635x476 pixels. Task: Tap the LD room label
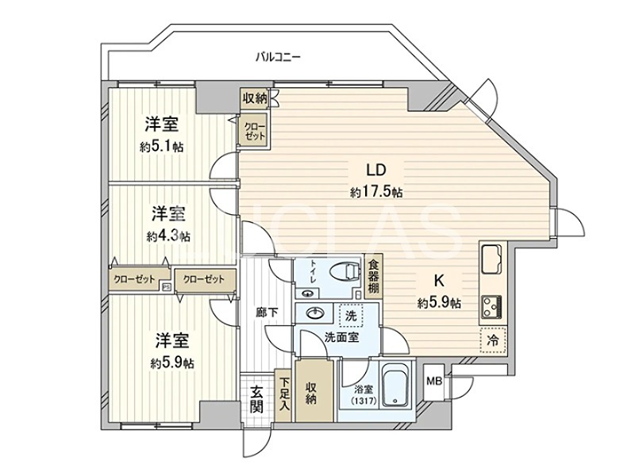point(375,170)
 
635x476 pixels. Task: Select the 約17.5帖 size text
point(375,192)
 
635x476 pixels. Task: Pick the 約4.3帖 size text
point(167,236)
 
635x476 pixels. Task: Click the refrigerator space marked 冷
point(491,340)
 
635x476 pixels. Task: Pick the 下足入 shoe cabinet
point(283,393)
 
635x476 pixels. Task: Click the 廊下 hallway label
point(267,313)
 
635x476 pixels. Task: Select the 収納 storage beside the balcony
point(255,98)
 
